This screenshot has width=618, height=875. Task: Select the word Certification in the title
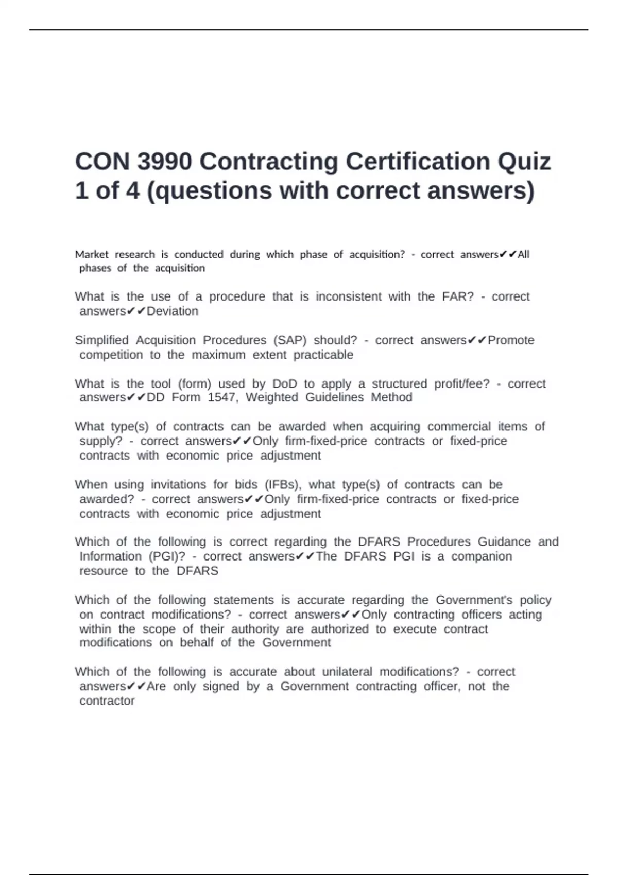tap(417, 162)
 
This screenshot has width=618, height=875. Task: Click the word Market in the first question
tap(92, 254)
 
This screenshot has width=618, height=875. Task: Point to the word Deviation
tap(173, 311)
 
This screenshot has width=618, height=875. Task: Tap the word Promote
tap(511, 340)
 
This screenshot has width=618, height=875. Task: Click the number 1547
tap(222, 397)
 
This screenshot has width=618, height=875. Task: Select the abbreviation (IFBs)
tap(283, 485)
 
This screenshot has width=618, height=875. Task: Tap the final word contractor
tap(107, 701)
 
